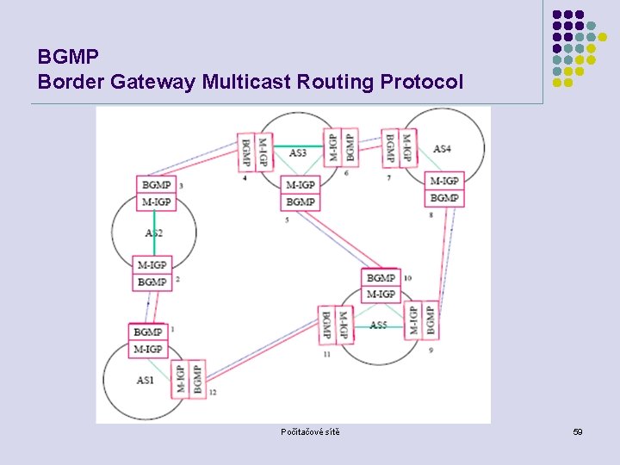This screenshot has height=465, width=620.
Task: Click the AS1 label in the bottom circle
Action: pos(146,380)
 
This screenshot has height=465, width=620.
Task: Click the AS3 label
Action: pos(298,153)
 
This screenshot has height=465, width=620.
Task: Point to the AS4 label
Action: pos(442,149)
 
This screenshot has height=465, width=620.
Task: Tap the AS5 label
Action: pos(378,325)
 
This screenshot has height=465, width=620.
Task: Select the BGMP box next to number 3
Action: pos(156,184)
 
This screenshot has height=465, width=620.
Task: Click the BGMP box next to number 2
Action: pos(152,282)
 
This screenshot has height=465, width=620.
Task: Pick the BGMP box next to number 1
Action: pos(147,332)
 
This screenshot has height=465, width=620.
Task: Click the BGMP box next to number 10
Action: pos(381,278)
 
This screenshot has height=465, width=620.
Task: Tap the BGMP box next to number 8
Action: pos(444,197)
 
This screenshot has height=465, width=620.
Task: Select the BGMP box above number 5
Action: pos(300,201)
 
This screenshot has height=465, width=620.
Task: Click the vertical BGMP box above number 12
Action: pos(197,379)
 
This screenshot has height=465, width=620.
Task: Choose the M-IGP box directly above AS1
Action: pos(147,349)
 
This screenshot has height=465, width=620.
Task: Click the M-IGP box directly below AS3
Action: pos(300,184)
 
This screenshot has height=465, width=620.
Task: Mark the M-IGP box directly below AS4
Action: pos(444,181)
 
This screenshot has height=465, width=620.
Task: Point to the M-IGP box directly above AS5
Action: pos(381,294)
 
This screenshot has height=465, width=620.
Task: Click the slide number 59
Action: pos(578,431)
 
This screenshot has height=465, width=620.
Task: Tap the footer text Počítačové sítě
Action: pos(310,431)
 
